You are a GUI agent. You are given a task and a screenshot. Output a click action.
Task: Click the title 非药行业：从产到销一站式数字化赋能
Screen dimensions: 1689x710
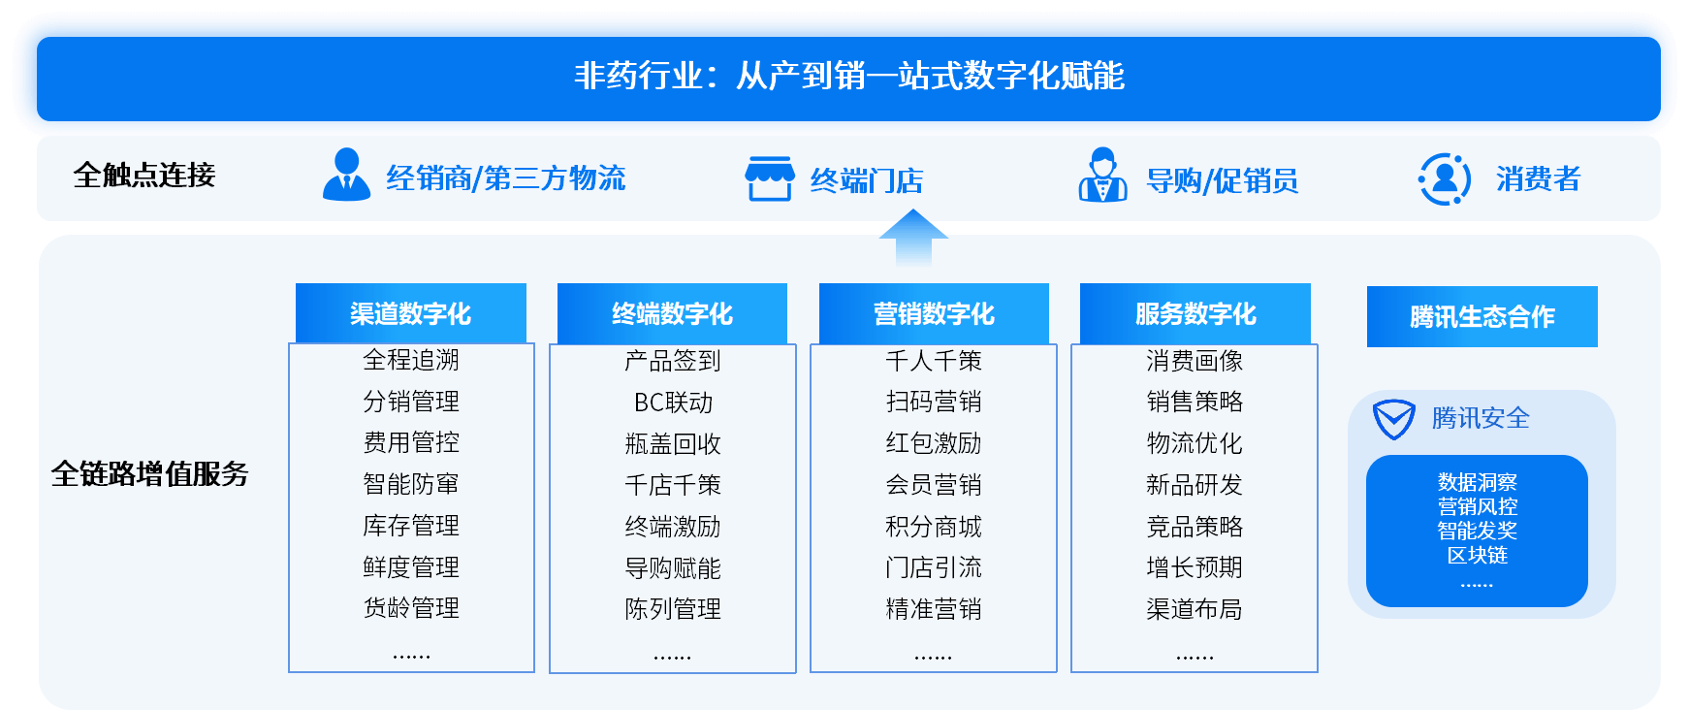point(848,76)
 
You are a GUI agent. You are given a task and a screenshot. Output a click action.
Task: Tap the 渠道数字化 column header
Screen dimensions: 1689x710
point(411,313)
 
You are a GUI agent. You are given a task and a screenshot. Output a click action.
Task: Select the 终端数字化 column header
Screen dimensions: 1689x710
point(672,313)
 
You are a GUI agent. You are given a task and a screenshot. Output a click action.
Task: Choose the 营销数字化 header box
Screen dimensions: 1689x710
point(934,313)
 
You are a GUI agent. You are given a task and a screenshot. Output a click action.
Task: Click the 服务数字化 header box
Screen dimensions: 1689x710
point(1195,313)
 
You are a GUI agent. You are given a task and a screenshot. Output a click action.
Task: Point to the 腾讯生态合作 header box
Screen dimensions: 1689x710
point(1482,316)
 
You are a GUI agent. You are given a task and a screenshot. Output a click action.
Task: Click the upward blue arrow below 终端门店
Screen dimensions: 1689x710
point(913,238)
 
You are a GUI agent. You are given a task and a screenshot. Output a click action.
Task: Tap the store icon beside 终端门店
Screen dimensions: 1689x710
point(770,178)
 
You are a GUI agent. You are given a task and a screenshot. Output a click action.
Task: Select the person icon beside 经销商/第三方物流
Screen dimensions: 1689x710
point(346,175)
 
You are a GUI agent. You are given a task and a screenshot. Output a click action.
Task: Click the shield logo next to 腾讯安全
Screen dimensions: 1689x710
point(1394,419)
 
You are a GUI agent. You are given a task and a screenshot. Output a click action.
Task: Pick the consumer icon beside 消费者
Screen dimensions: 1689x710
point(1445,178)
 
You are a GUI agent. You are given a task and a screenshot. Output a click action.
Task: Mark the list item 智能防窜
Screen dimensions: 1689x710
point(411,484)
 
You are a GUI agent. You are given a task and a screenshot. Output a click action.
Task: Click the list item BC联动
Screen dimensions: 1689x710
point(673,403)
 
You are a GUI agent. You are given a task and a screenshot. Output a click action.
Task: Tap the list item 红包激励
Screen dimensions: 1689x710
point(934,443)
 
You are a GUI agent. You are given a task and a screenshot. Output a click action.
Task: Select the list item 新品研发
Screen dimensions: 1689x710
point(1195,485)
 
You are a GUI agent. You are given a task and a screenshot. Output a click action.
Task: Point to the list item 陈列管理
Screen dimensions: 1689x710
point(673,609)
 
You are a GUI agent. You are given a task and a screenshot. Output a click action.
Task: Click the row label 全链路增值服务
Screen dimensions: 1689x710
point(150,473)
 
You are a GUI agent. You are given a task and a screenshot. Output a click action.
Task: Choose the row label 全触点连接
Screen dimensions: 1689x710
point(144,175)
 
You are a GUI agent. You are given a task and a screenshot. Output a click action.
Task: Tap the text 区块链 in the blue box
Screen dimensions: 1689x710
point(1478,555)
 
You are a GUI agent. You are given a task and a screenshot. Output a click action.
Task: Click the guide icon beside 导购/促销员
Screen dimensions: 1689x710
point(1103,176)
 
